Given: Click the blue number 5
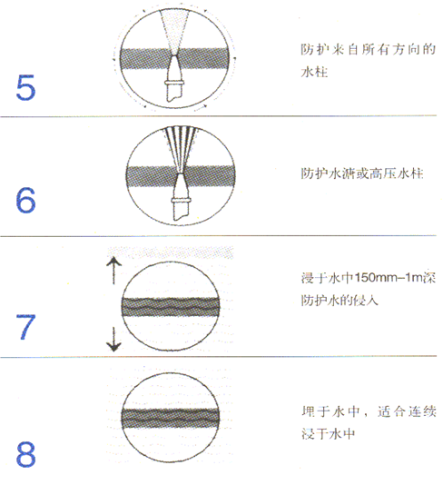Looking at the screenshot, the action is (25, 87).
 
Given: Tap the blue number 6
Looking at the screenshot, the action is (25, 200).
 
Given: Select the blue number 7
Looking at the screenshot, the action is (26, 327).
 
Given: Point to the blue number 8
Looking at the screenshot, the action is (25, 454).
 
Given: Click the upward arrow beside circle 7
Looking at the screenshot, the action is (113, 271).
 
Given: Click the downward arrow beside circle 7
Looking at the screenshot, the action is (113, 339).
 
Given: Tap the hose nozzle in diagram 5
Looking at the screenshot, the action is (175, 78).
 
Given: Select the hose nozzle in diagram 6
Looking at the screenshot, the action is (181, 197).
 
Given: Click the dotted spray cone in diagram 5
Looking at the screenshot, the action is (174, 32).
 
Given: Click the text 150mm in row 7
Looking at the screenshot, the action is (376, 277).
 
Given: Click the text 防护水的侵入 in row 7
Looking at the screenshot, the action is (340, 300).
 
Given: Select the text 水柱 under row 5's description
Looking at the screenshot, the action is (314, 72).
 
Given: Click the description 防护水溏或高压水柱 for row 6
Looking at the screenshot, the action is (362, 173).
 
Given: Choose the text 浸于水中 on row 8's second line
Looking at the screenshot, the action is (328, 433).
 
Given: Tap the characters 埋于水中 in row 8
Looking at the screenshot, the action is (330, 411).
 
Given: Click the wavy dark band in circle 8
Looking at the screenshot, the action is (171, 418).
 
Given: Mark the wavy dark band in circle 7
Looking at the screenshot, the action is (171, 306).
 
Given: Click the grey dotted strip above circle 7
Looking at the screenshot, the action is (171, 252).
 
